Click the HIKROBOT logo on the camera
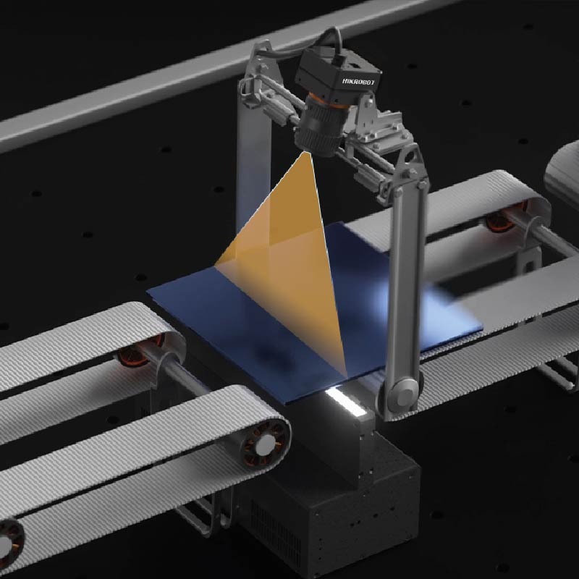(x=358, y=81)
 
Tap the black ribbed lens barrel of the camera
(x=320, y=127)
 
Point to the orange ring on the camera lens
(x=328, y=101)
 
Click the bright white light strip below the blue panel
(x=346, y=402)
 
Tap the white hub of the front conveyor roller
(x=266, y=445)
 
